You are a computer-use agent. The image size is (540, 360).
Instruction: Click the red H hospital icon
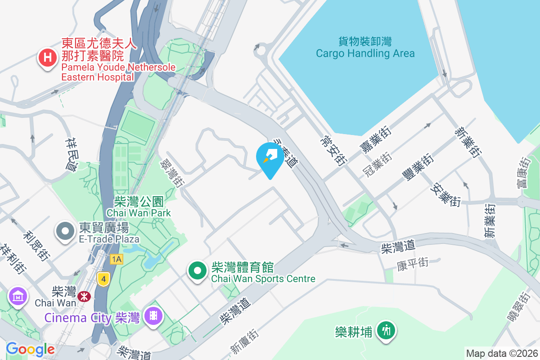[47, 58]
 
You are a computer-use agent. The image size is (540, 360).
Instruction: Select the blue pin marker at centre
[270, 158]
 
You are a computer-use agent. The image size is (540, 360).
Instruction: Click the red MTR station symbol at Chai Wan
[83, 296]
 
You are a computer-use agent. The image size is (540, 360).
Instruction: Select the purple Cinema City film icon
[153, 316]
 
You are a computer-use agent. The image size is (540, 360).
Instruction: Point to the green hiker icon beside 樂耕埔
[386, 331]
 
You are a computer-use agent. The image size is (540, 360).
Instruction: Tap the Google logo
[30, 349]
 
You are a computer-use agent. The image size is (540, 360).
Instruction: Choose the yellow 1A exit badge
[116, 259]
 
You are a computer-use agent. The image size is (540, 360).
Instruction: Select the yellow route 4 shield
[103, 279]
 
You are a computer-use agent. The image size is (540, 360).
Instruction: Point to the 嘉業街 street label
[375, 139]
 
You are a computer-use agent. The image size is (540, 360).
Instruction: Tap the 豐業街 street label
[418, 167]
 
